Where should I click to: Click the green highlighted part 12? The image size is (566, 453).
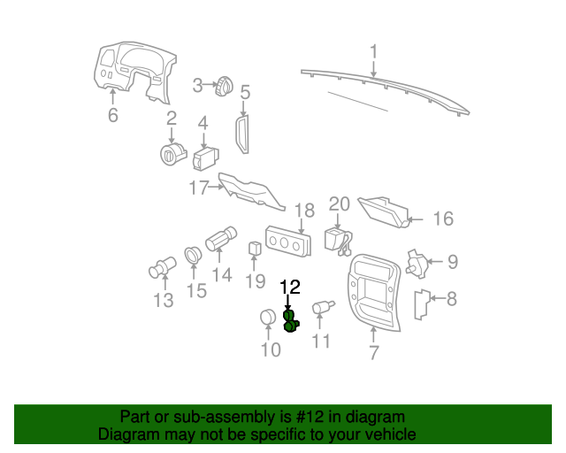pos(290,321)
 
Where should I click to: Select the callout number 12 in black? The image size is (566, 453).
pos(290,288)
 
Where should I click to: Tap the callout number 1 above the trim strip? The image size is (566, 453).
pos(373,50)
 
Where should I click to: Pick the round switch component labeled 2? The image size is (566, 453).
pos(171,154)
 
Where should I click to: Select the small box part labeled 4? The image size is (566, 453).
pos(206,158)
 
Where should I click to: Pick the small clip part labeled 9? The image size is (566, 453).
pos(414,263)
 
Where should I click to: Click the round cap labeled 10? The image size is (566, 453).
pos(268,319)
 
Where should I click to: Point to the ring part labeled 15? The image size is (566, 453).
pos(193,257)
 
